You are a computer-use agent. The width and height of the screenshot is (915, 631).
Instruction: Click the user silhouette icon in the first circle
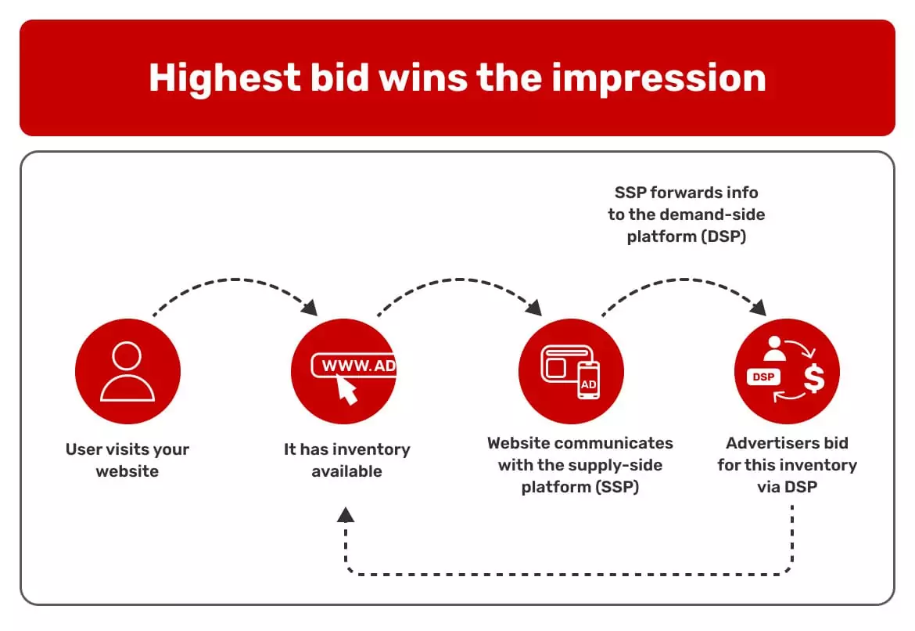click(x=127, y=371)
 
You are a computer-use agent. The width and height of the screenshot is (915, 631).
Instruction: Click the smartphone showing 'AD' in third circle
click(x=588, y=380)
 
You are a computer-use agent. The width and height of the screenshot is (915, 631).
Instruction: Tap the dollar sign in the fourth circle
click(x=814, y=378)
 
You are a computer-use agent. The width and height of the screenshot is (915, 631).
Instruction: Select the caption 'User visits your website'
click(x=127, y=460)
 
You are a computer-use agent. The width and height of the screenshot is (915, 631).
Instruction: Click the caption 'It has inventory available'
click(x=346, y=460)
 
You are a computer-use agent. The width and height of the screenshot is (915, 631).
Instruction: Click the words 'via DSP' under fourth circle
click(x=787, y=486)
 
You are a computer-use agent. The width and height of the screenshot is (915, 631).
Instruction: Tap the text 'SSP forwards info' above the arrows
click(x=686, y=193)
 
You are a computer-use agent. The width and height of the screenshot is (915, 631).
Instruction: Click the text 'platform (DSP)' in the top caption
click(x=686, y=236)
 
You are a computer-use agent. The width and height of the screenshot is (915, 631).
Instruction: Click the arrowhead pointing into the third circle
click(x=534, y=308)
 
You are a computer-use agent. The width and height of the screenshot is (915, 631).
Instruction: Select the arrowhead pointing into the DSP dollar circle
click(x=757, y=308)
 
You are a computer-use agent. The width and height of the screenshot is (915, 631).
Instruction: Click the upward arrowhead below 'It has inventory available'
click(x=346, y=514)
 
